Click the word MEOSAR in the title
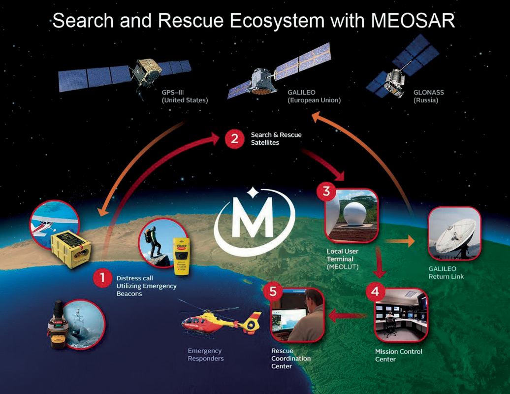pyautogui.click(x=413, y=20)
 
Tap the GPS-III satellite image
pyautogui.click(x=125, y=74)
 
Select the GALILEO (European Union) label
pyautogui.click(x=314, y=97)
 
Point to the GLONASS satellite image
pyautogui.click(x=402, y=67)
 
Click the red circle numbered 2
pyautogui.click(x=234, y=139)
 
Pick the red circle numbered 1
pyautogui.click(x=102, y=278)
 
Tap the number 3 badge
pyautogui.click(x=326, y=191)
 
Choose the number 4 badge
pyautogui.click(x=375, y=292)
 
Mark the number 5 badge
pyautogui.click(x=273, y=292)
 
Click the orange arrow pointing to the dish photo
pyautogui.click(x=399, y=241)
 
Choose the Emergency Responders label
pyautogui.click(x=206, y=355)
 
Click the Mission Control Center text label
pyautogui.click(x=398, y=355)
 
